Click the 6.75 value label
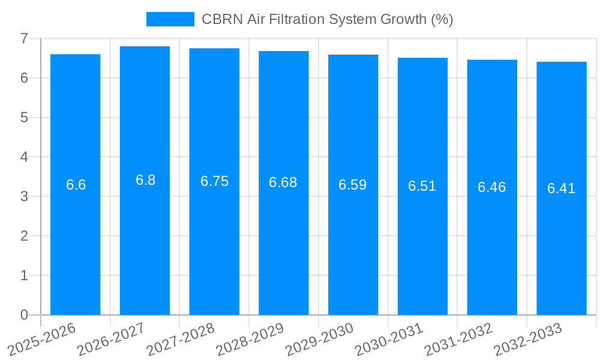[214, 181]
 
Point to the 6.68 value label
[283, 182]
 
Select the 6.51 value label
[422, 186]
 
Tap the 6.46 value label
[492, 187]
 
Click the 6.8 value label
[145, 180]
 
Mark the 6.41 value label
[562, 188]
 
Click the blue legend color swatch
[170, 19]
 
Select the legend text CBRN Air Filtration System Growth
[327, 19]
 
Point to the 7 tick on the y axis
[24, 38]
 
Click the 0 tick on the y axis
[24, 315]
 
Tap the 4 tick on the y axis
[24, 157]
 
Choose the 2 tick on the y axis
[24, 236]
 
